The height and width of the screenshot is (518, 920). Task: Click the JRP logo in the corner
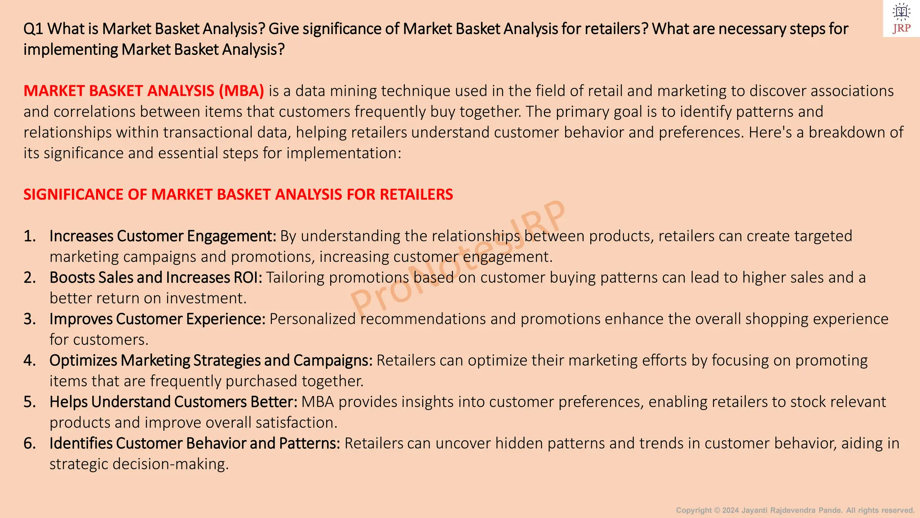901,18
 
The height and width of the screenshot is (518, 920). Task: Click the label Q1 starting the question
33,29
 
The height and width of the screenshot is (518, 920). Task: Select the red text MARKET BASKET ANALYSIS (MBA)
144,91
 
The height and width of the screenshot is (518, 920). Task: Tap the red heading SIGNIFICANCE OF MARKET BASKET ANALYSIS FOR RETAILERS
238,194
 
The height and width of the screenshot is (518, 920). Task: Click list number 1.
30,236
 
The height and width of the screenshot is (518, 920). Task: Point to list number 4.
30,360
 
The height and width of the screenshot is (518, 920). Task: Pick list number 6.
30,443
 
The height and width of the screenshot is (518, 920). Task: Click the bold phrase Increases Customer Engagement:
163,236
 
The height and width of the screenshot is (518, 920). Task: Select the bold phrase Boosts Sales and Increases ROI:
155,277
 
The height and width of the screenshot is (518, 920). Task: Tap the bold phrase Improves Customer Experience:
157,319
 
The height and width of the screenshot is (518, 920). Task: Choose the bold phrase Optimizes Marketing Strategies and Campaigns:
211,360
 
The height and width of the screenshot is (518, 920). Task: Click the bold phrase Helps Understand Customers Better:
173,402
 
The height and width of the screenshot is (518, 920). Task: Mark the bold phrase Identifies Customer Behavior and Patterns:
195,443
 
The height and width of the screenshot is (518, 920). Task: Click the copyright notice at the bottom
795,510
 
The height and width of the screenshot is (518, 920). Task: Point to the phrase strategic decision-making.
139,464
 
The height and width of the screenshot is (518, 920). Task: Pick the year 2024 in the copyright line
730,510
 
